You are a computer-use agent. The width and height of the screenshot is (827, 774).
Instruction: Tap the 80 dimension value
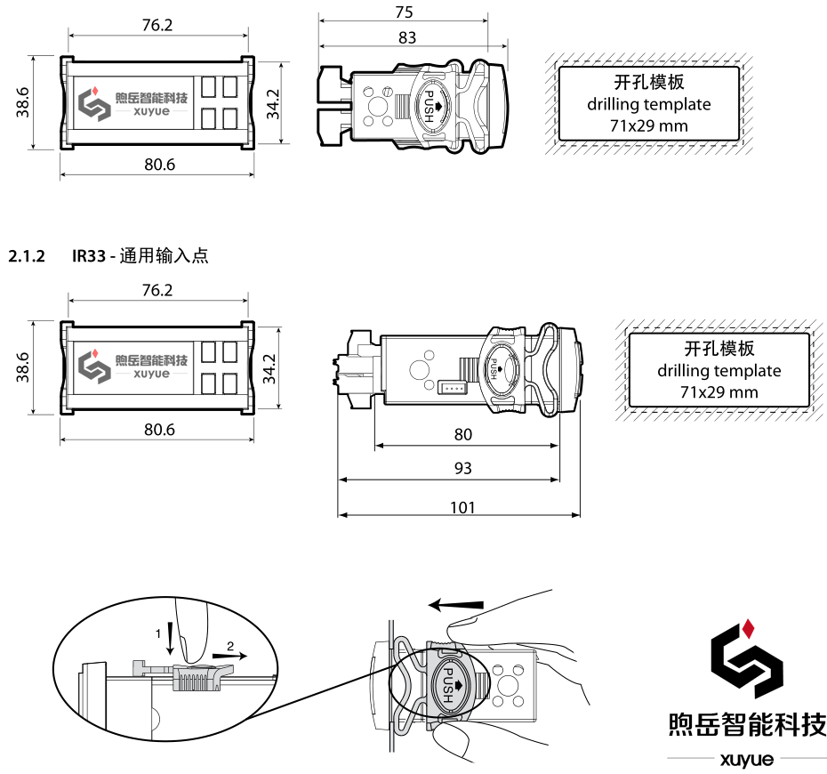[462, 435]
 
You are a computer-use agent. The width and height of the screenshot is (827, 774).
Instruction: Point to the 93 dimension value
[462, 469]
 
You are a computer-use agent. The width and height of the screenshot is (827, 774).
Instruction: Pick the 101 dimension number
[462, 507]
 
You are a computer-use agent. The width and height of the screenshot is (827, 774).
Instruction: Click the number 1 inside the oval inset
[158, 633]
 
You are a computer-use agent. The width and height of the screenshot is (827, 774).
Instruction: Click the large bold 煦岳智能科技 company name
[747, 724]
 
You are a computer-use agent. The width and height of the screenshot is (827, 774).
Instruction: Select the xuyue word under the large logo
[747, 759]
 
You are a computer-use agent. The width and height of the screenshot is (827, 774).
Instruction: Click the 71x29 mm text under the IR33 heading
[719, 391]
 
